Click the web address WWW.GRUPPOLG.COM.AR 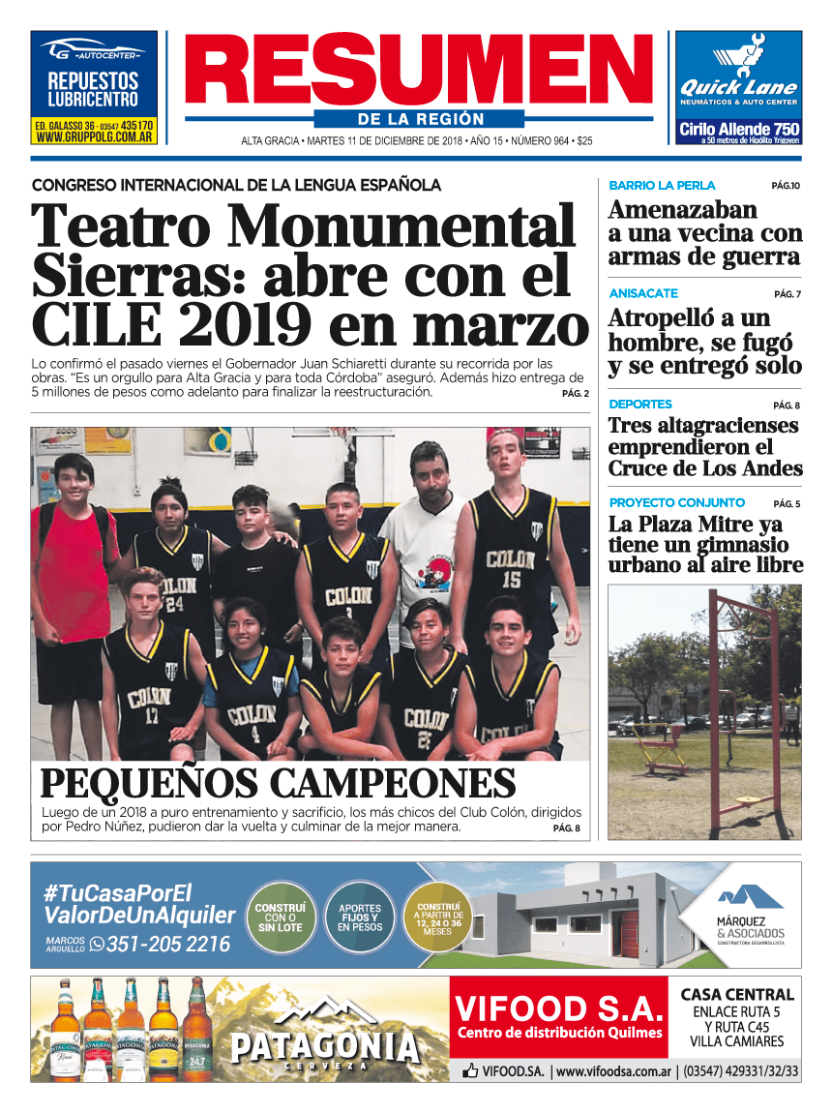pyautogui.click(x=94, y=138)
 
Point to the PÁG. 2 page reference pyautogui.click(x=575, y=394)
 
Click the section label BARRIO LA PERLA pyautogui.click(x=662, y=185)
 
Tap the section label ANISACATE pyautogui.click(x=643, y=293)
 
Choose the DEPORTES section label pyautogui.click(x=640, y=405)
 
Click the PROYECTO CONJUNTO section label pyautogui.click(x=676, y=503)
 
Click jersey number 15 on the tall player pyautogui.click(x=511, y=581)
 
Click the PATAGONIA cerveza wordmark pyautogui.click(x=325, y=1046)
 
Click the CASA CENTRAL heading pyautogui.click(x=737, y=994)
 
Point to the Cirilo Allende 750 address pyautogui.click(x=738, y=129)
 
